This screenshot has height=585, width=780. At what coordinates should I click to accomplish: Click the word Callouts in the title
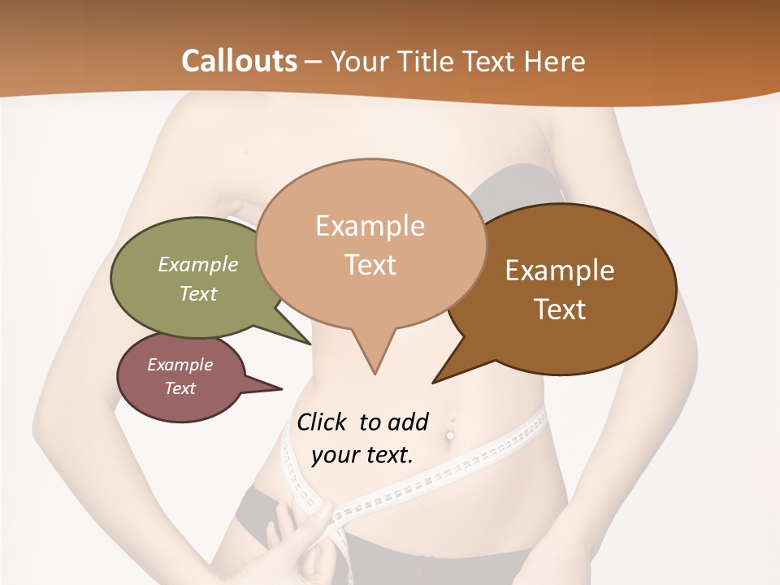click(x=239, y=61)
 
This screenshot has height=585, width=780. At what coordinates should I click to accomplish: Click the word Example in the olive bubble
click(x=198, y=265)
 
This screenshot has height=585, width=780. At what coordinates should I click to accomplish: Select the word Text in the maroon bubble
click(x=180, y=388)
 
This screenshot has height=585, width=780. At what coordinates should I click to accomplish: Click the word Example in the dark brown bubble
click(x=560, y=271)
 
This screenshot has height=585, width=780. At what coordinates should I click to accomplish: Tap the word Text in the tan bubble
click(x=370, y=265)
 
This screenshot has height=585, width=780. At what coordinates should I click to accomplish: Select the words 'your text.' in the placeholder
click(x=362, y=455)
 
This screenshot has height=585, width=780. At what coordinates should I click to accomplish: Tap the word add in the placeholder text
click(x=408, y=422)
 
